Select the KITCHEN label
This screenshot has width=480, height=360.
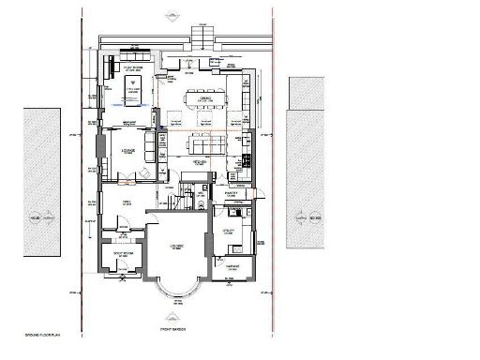coord(200,162)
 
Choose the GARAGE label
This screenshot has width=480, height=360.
coord(228,266)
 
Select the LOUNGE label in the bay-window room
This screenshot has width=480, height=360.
coord(173,246)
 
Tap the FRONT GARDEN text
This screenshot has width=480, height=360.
coord(174,329)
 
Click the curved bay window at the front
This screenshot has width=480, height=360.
coord(174,290)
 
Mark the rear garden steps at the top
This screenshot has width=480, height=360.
coord(203,37)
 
